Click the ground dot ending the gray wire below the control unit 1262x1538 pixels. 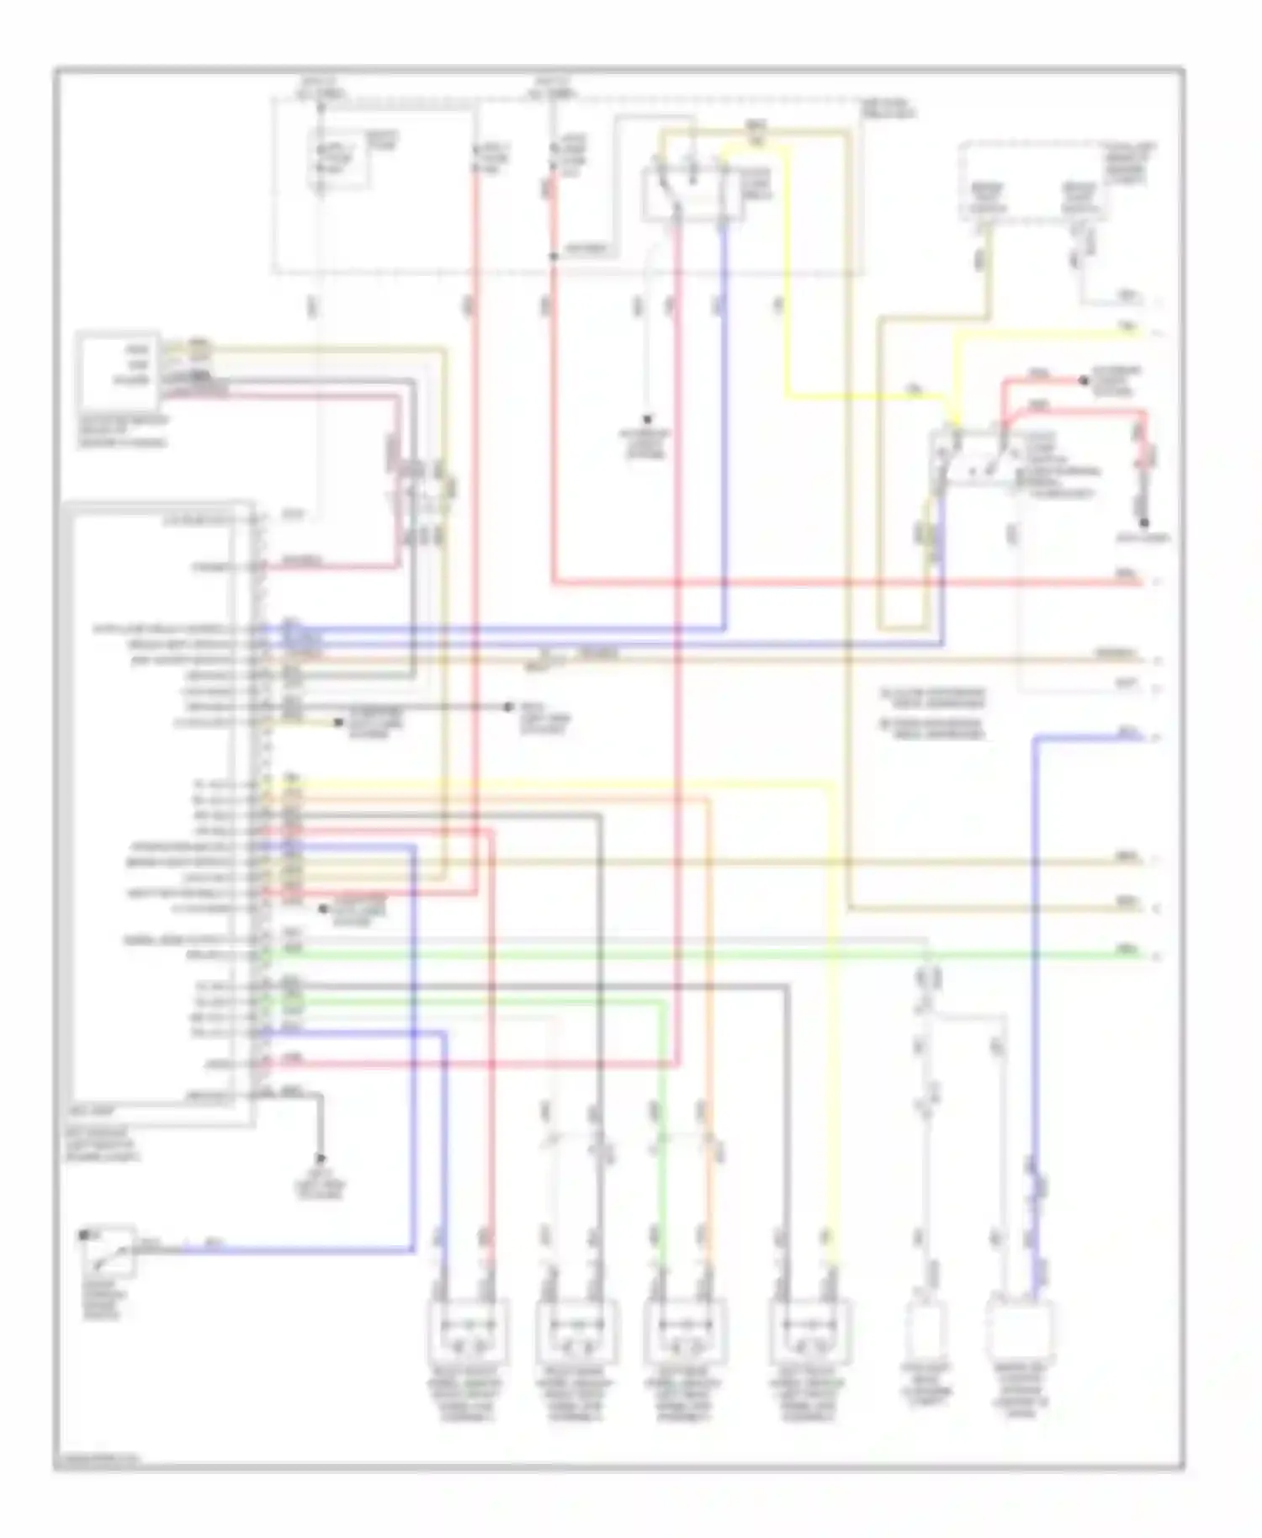(x=320, y=1159)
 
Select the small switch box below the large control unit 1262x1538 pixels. (x=108, y=1251)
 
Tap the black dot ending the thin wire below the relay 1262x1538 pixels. (x=648, y=419)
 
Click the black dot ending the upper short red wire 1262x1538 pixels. (x=1084, y=381)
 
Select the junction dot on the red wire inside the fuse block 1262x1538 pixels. (x=553, y=256)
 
